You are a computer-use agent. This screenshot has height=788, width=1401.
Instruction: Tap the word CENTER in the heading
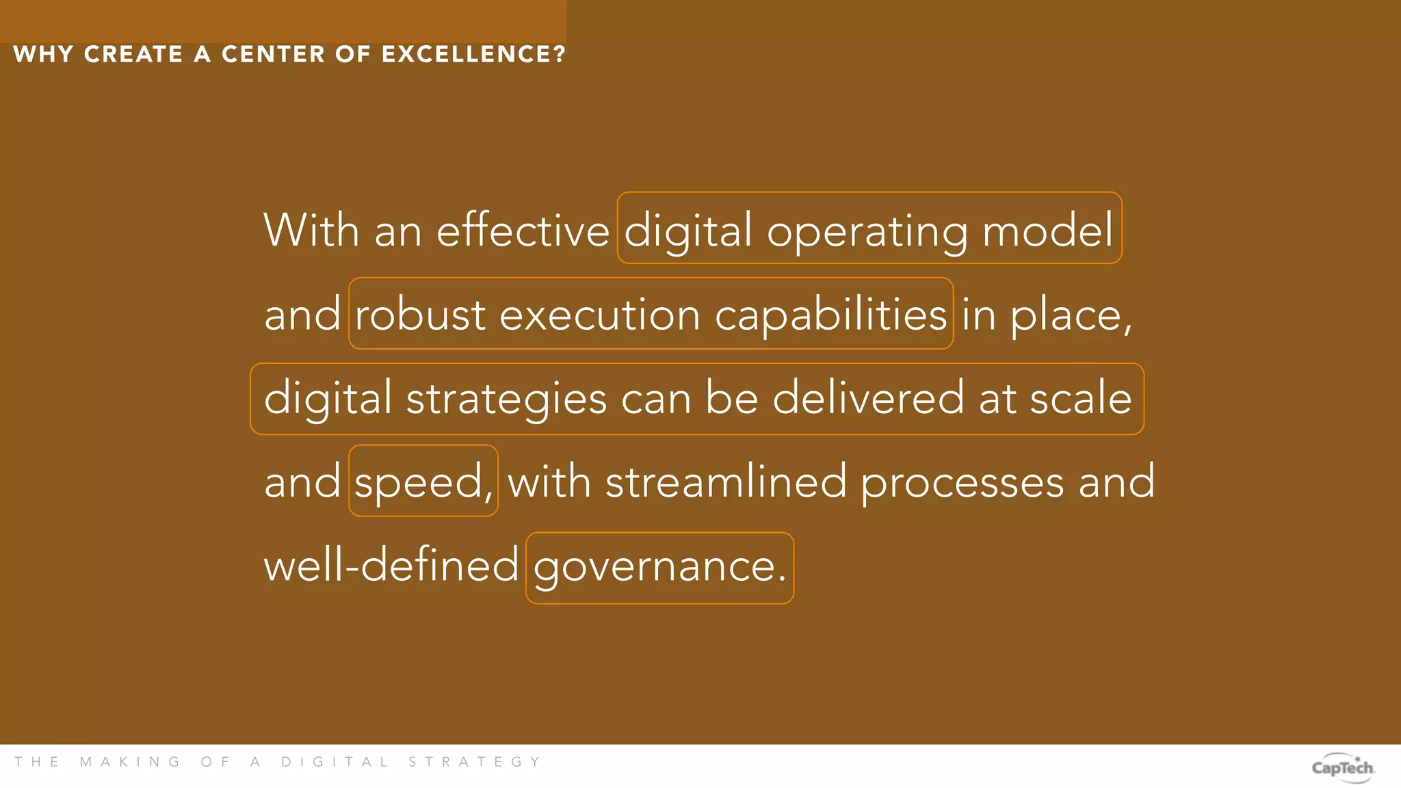tap(273, 54)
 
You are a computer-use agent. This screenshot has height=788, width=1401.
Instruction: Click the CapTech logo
tap(1343, 767)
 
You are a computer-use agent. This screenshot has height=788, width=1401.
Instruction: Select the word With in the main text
tap(311, 231)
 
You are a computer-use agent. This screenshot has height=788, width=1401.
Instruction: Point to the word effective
tap(523, 231)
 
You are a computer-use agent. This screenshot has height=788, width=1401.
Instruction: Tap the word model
tap(1048, 231)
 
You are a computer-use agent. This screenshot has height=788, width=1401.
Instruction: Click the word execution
tap(600, 315)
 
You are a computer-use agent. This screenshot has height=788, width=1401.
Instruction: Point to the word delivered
tap(868, 398)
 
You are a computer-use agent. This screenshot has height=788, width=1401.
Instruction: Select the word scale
tap(1081, 398)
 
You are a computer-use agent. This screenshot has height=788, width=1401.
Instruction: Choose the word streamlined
tap(726, 482)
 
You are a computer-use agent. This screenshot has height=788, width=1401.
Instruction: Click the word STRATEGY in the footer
tap(475, 762)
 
